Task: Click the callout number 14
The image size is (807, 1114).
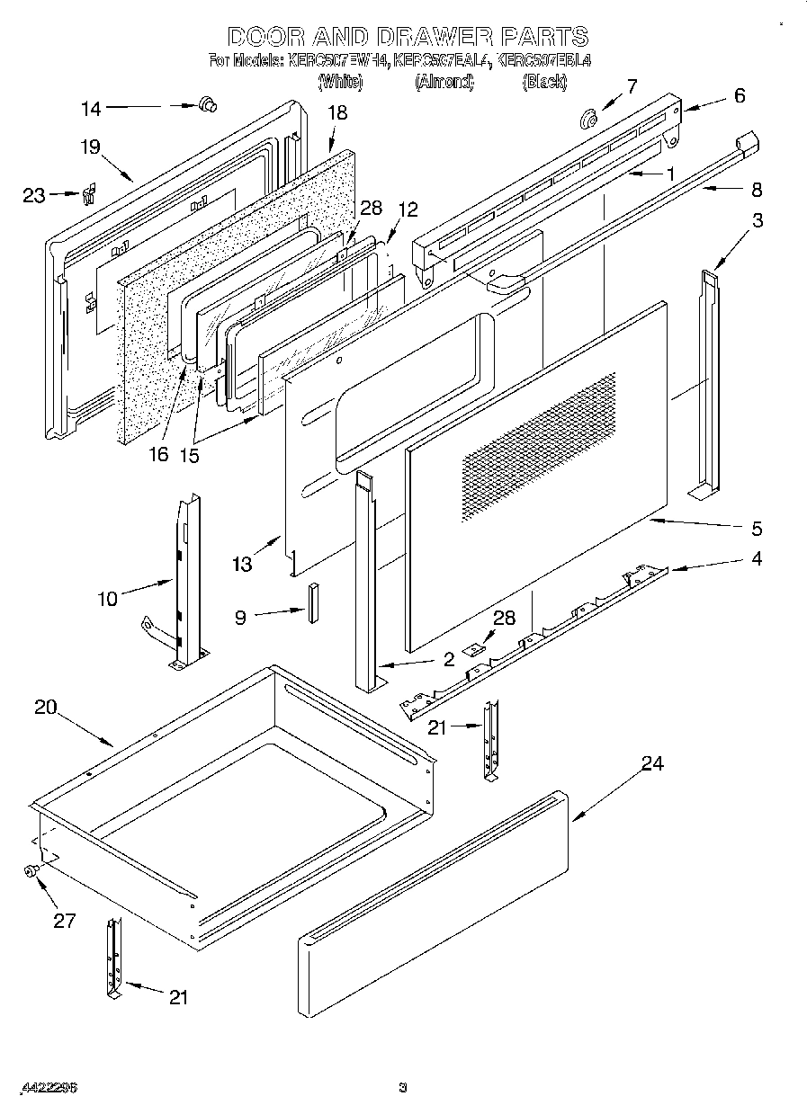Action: tap(92, 109)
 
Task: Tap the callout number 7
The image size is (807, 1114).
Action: tap(632, 86)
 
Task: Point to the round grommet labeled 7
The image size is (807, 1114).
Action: tap(589, 117)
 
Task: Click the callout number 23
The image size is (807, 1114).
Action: tap(34, 195)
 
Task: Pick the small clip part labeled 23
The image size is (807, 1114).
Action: tap(88, 194)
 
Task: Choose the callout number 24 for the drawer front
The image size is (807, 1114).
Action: tap(652, 763)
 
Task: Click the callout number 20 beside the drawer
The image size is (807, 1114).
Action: tap(46, 707)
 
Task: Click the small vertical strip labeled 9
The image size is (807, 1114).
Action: tap(314, 602)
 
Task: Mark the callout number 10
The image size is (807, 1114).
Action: tap(107, 598)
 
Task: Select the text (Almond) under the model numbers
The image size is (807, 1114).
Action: tap(444, 82)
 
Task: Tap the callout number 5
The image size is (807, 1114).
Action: tap(756, 528)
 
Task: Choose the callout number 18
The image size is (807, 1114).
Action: tap(336, 112)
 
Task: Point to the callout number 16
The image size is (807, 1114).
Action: tap(157, 454)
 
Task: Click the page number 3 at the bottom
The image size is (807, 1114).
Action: tap(403, 1087)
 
